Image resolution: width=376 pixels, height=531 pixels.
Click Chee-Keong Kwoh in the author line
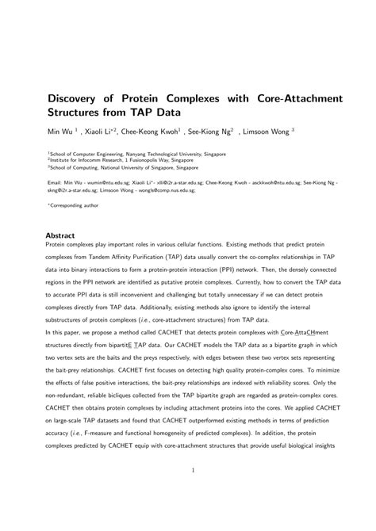(154, 131)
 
